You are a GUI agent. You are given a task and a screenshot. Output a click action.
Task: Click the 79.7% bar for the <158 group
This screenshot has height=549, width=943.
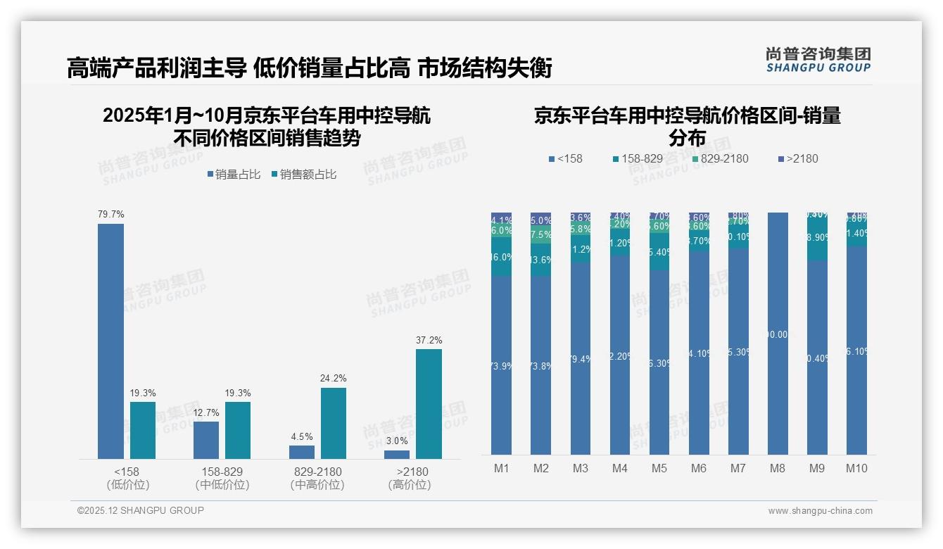click(110, 341)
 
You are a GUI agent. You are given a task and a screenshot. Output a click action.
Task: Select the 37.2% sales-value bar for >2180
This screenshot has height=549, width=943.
click(429, 404)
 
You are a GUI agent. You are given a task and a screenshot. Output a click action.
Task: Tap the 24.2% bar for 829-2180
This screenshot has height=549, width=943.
click(334, 423)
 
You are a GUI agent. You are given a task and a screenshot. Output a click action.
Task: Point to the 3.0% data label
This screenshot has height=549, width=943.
click(397, 441)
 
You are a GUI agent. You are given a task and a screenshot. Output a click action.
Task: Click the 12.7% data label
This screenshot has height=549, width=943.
click(206, 412)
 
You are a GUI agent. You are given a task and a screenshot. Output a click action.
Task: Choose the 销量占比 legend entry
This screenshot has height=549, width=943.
click(234, 175)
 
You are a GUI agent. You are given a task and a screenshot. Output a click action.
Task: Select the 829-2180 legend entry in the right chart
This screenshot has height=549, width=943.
click(720, 158)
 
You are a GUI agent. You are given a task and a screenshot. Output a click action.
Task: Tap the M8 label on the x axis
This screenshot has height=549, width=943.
click(777, 468)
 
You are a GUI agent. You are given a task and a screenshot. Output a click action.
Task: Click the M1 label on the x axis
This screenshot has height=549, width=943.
click(501, 468)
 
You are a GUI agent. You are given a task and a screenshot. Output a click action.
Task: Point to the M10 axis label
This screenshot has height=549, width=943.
click(856, 468)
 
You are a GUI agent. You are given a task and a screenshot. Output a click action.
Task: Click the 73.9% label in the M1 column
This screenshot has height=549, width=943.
click(501, 366)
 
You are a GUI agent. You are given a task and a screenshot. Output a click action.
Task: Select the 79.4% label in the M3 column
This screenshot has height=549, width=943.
click(581, 360)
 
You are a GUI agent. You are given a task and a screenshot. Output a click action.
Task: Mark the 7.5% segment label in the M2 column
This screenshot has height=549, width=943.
click(541, 234)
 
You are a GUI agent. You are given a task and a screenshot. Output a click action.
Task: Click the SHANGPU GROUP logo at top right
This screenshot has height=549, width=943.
click(818, 60)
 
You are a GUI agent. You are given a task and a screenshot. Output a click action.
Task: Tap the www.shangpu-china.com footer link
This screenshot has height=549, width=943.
click(820, 511)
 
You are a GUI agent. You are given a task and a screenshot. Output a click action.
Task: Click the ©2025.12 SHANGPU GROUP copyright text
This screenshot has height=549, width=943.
click(141, 510)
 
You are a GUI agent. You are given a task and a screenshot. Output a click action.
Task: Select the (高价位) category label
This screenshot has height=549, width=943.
click(410, 485)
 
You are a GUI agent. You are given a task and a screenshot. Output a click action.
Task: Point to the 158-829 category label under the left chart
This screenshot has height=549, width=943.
click(222, 472)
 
